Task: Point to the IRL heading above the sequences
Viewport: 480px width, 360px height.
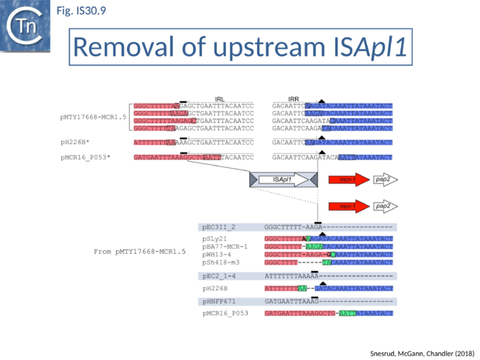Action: click(220, 98)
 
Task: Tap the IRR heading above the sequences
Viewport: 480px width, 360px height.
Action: click(293, 98)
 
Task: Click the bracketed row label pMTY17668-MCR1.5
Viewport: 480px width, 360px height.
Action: click(93, 117)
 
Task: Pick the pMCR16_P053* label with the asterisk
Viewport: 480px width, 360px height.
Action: click(84, 157)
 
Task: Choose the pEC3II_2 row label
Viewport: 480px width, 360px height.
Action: click(218, 227)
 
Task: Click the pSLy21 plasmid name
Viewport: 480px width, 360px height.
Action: click(214, 239)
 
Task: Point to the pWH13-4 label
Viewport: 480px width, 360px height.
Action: click(216, 255)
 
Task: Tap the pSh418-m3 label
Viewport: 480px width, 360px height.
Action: click(221, 262)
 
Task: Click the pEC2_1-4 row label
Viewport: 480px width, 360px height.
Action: click(218, 276)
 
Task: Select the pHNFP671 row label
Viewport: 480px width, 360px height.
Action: click(218, 300)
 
